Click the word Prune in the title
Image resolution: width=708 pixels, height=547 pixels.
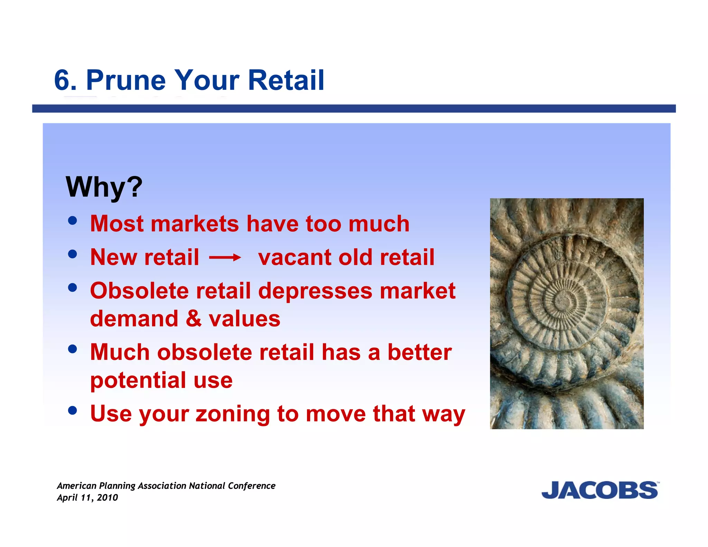[x=126, y=80]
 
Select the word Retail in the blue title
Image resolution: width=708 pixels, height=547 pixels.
[x=286, y=80]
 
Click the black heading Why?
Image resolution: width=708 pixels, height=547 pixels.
[x=104, y=187]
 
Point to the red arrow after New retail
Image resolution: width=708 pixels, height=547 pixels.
[x=225, y=258]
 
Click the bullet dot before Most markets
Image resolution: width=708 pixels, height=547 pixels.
[x=73, y=221]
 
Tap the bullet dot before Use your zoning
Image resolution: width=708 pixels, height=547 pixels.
[x=73, y=410]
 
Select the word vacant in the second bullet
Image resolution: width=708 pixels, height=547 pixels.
[x=295, y=258]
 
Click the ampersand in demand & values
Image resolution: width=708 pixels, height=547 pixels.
[x=194, y=318]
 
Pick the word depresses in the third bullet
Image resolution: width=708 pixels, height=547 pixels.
[x=315, y=291]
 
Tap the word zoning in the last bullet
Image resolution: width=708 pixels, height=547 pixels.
[x=233, y=414]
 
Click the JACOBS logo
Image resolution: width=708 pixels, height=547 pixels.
[x=600, y=490]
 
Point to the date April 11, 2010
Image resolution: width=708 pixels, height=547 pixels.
[x=87, y=498]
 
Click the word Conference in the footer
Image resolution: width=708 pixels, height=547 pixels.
[x=252, y=486]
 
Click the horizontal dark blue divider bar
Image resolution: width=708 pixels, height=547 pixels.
[x=354, y=109]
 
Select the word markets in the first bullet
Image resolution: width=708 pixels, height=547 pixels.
[x=195, y=224]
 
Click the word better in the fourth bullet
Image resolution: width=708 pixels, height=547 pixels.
[x=419, y=352]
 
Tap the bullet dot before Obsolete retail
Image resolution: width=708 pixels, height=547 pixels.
[x=73, y=288]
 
